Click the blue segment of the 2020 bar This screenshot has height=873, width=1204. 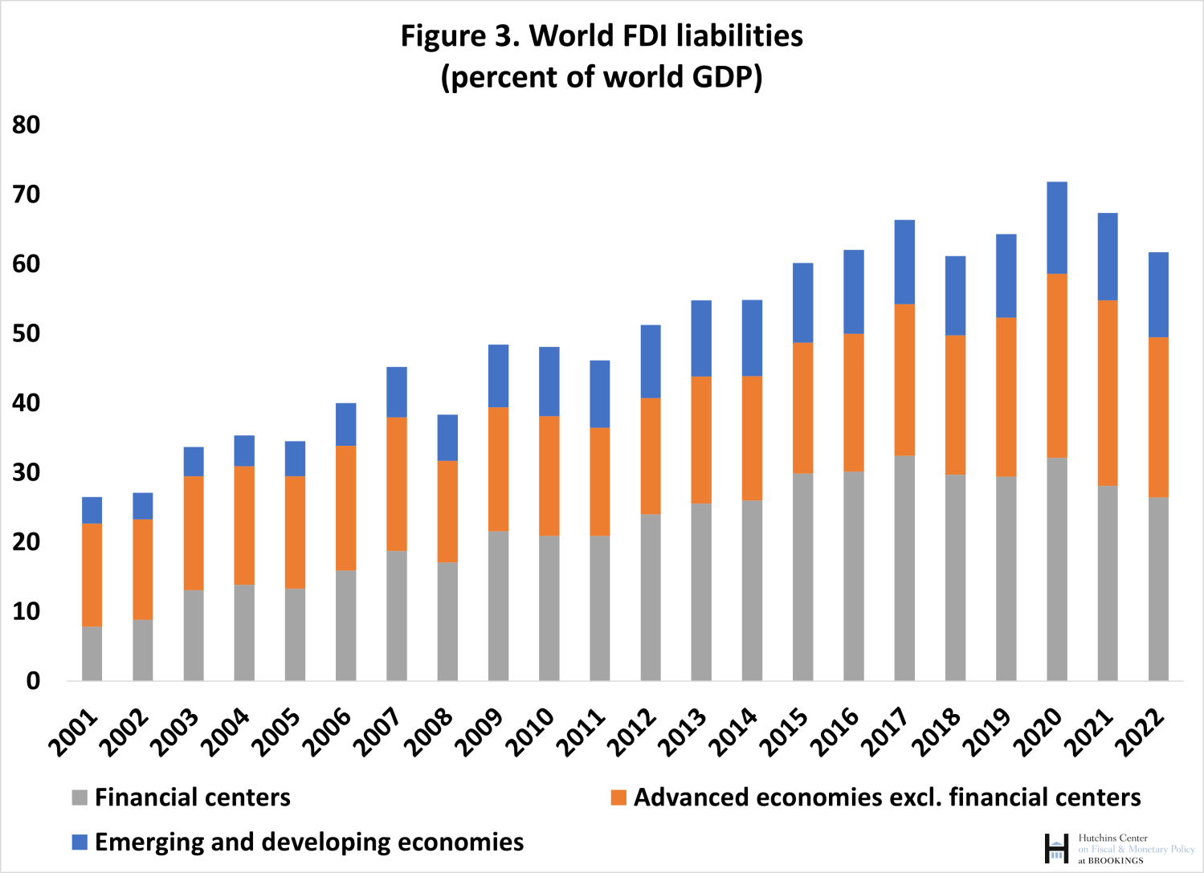click(x=1057, y=228)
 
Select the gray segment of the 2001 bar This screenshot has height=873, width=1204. click(x=92, y=654)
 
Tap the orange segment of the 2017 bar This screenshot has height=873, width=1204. click(x=904, y=380)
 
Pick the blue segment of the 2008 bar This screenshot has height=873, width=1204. click(x=447, y=438)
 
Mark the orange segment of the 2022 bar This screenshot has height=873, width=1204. click(x=1158, y=417)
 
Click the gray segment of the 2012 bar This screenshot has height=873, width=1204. click(x=651, y=598)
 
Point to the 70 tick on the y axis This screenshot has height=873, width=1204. click(x=26, y=195)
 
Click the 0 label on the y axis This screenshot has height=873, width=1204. click(x=33, y=681)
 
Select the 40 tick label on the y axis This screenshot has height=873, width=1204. click(x=26, y=403)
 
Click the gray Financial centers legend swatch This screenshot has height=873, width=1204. click(x=80, y=798)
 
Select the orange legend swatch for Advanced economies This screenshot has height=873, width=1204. click(x=618, y=798)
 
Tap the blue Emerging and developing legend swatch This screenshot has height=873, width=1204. click(x=80, y=842)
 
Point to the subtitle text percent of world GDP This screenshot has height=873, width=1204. click(x=602, y=78)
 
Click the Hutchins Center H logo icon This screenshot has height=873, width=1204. click(x=1056, y=849)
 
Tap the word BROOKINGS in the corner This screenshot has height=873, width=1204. click(x=1116, y=860)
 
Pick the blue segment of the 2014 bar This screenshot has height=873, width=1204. click(x=752, y=338)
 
